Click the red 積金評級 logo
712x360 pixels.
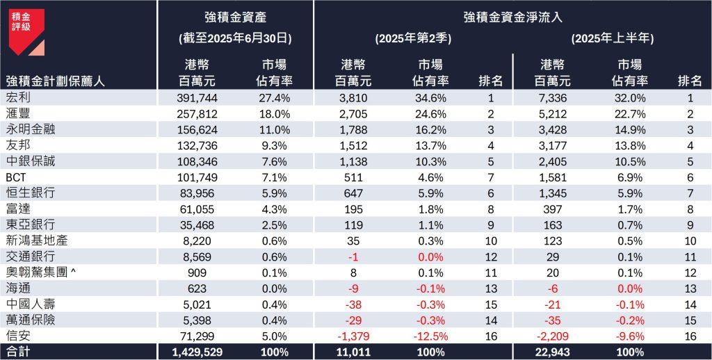tap(26, 31)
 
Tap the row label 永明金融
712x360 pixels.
tap(28, 129)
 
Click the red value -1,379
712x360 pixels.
tap(355, 336)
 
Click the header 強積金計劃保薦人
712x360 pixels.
tap(55, 81)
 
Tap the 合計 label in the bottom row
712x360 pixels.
tap(17, 352)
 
